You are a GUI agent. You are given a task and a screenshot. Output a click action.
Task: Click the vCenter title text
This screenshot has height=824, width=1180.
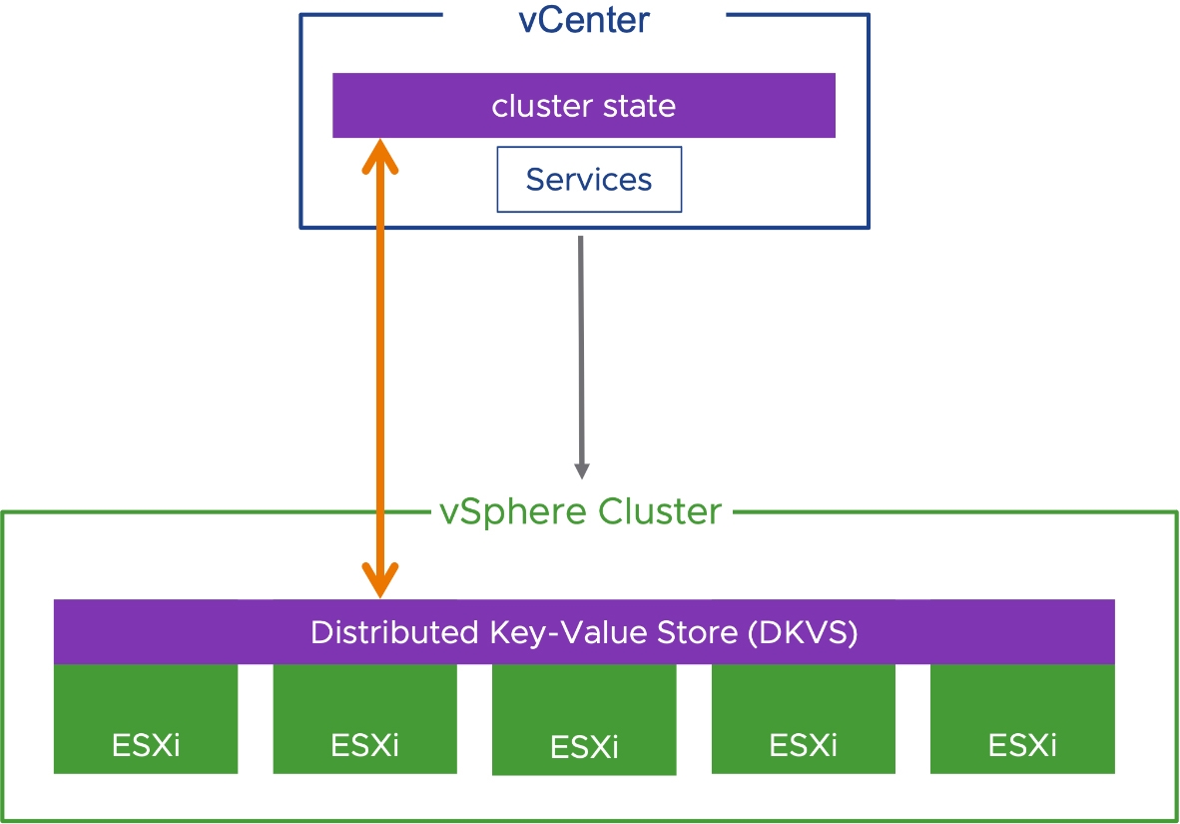(x=584, y=20)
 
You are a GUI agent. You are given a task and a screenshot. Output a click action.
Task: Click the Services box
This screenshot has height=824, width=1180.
(x=589, y=179)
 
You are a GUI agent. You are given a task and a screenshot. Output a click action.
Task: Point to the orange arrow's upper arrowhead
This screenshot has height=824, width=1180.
(x=380, y=156)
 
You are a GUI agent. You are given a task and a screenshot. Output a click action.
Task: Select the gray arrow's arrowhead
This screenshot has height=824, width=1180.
(x=582, y=471)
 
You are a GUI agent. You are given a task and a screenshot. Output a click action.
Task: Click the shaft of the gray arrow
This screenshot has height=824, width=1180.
(x=581, y=351)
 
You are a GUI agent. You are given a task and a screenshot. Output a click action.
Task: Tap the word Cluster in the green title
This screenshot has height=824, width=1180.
(x=660, y=511)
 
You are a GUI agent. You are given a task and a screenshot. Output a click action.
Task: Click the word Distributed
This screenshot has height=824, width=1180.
(x=394, y=632)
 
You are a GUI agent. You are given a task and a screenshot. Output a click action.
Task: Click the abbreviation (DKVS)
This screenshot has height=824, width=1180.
(x=803, y=632)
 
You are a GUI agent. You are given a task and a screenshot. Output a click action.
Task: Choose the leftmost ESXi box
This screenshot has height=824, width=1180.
(x=146, y=718)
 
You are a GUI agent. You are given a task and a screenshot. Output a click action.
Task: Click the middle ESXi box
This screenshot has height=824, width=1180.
(x=584, y=719)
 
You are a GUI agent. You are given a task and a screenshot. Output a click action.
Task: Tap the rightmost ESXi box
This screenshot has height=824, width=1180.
(x=1022, y=718)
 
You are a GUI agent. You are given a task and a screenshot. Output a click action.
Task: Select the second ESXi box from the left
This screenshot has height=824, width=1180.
(x=365, y=718)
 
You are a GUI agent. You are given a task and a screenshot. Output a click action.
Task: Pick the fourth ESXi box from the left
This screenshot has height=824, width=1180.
(x=803, y=718)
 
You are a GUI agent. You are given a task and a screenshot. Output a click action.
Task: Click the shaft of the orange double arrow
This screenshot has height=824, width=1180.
(x=380, y=369)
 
